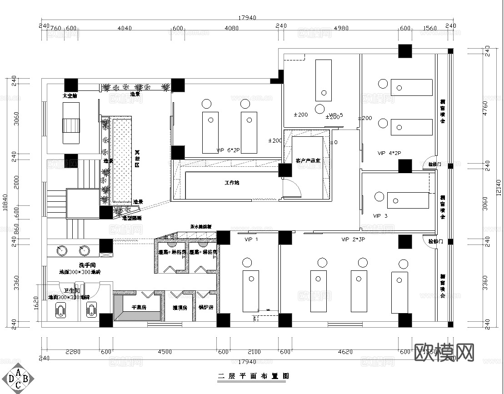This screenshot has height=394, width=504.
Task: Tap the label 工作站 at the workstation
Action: [x=232, y=183]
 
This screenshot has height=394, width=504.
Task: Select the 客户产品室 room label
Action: [x=308, y=160]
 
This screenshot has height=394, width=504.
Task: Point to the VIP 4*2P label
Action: [x=389, y=153]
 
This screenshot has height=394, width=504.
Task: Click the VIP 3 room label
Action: [x=380, y=216]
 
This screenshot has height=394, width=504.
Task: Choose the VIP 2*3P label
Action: [x=354, y=239]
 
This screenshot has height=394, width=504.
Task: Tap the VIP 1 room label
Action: [x=251, y=239]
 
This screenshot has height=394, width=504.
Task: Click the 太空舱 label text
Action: [x=70, y=96]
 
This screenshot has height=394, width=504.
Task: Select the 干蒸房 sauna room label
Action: [x=139, y=307]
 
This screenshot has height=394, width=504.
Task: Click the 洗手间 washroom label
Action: [x=87, y=264]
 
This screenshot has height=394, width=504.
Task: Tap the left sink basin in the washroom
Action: [x=62, y=249]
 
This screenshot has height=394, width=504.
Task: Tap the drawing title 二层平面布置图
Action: [x=253, y=376]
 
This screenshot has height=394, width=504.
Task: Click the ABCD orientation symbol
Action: [x=18, y=379]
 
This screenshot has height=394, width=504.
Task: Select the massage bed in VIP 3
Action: [x=408, y=199]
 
